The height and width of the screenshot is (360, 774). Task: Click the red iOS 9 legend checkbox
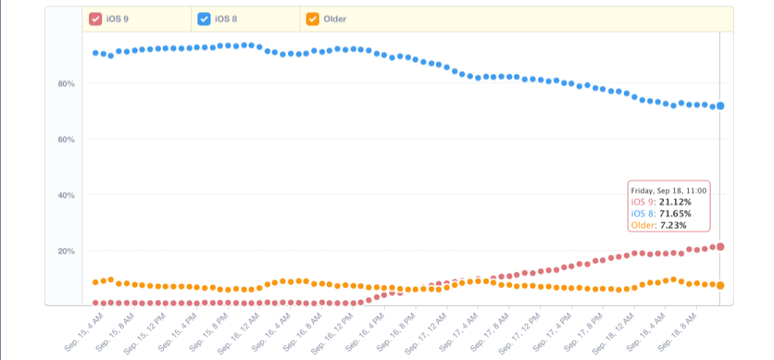[x=95, y=19]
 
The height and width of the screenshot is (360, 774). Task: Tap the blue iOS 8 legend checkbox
[x=204, y=19]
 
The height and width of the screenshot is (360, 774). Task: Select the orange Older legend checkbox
[x=312, y=19]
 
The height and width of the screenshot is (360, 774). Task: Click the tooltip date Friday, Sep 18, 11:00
[x=667, y=190]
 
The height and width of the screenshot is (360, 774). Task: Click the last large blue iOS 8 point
[x=721, y=106]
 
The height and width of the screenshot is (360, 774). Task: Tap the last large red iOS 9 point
[x=721, y=247]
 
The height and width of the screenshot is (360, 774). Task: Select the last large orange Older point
[x=721, y=286]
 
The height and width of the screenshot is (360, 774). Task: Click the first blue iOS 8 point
[x=95, y=53]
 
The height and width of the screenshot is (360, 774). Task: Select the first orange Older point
[x=95, y=283]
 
